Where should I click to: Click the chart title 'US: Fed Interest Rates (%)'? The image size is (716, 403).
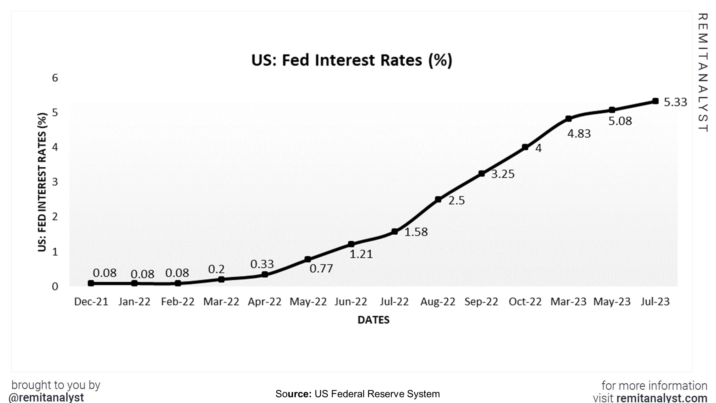click(352, 60)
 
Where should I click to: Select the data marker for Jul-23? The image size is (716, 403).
click(655, 101)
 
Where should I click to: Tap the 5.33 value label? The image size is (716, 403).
click(675, 102)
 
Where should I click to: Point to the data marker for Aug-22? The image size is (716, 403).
click(438, 199)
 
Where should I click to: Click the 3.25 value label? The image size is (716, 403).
click(503, 174)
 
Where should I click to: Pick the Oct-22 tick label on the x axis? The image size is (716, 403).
click(525, 302)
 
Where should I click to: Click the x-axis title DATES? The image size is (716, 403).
click(373, 320)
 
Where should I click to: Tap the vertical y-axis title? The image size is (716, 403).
click(42, 182)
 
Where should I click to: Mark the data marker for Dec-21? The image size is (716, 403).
click(91, 283)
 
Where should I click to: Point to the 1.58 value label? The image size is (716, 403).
click(416, 232)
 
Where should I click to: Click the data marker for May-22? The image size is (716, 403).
click(308, 259)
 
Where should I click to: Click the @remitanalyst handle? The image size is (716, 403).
click(46, 397)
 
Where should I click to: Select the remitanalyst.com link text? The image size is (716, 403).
click(662, 398)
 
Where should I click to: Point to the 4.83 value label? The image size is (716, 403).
click(579, 134)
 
